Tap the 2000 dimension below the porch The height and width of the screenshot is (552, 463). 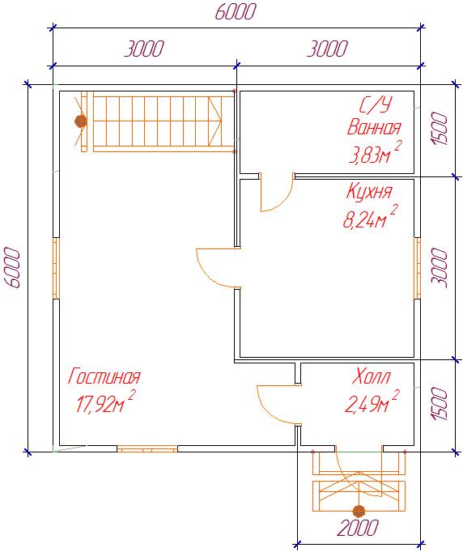(358, 528)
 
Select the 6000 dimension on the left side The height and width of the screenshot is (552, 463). (12, 268)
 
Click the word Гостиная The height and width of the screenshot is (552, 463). (104, 376)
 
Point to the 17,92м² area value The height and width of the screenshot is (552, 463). (105, 401)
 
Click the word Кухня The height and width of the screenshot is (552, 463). (369, 192)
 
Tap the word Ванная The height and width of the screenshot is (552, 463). (374, 127)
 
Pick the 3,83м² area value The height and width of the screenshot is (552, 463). (375, 152)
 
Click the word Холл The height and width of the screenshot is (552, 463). (371, 376)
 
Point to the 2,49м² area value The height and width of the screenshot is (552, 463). (372, 401)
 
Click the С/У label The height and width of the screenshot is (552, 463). (376, 105)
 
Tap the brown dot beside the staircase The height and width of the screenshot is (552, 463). (81, 121)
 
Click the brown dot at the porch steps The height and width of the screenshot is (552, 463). (359, 512)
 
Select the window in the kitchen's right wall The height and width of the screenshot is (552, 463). (417, 268)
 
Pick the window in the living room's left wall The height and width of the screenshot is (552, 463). (57, 268)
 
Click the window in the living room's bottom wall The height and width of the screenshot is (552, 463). (147, 448)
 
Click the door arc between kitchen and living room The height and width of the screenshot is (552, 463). (205, 273)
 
